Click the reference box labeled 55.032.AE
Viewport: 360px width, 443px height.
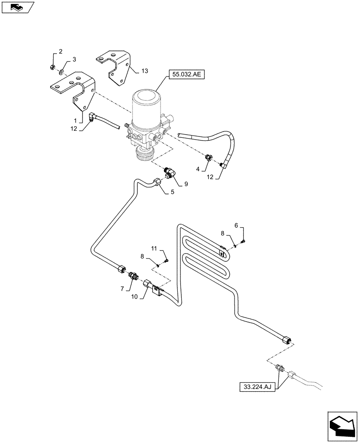click(185, 76)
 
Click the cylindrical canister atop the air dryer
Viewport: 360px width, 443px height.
click(146, 106)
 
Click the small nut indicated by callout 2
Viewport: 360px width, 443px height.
click(53, 68)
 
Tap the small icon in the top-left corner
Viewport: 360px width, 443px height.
click(17, 7)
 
